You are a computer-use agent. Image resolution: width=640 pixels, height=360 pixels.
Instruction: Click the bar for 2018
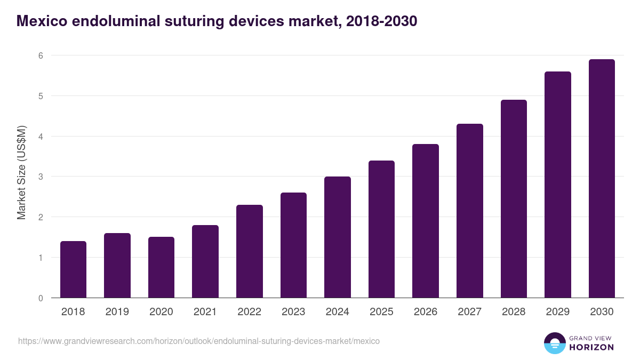click(x=73, y=269)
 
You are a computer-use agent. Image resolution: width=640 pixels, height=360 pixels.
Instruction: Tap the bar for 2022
click(x=249, y=251)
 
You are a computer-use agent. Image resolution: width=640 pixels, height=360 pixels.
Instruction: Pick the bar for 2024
click(x=337, y=237)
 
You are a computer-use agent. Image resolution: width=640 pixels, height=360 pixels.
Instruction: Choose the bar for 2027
click(x=469, y=211)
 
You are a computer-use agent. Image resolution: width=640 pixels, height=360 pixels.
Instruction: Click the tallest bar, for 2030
click(x=602, y=179)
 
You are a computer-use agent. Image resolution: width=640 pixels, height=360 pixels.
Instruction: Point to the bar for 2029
click(x=557, y=185)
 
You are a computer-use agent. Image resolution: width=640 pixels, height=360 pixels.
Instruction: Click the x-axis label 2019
click(x=117, y=312)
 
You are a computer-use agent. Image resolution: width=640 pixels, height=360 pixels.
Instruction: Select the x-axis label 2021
click(x=205, y=312)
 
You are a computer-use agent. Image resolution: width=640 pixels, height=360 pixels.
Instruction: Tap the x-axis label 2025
click(x=381, y=312)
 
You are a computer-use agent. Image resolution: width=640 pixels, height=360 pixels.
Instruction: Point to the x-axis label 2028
click(x=514, y=312)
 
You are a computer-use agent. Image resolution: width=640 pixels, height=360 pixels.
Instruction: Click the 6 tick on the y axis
click(x=40, y=55)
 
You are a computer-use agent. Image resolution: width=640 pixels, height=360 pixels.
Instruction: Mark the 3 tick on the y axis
click(x=40, y=177)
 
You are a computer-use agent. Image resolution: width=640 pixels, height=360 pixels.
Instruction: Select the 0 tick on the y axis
click(x=40, y=298)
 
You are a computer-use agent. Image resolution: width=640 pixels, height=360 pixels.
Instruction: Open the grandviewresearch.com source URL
click(x=199, y=341)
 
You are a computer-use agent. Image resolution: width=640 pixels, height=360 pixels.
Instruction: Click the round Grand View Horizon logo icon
click(x=555, y=343)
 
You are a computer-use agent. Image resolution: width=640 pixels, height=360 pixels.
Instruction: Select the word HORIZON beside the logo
click(x=591, y=347)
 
